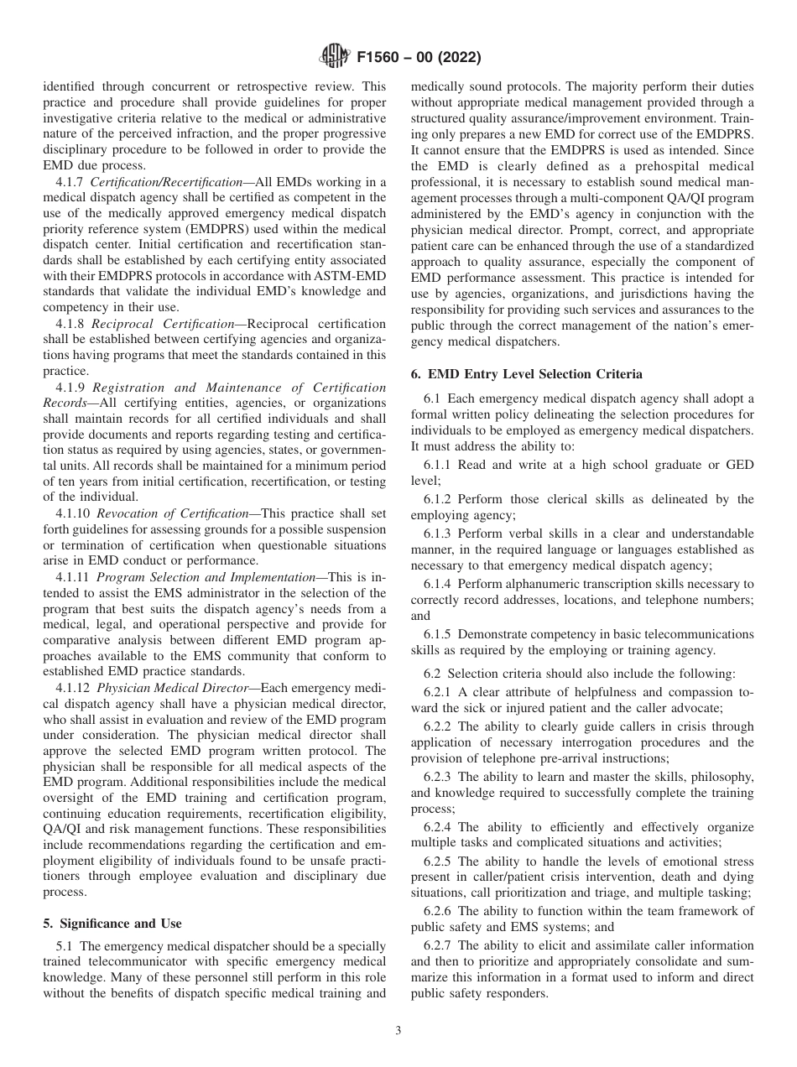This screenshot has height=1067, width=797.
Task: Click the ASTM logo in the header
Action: point(335,58)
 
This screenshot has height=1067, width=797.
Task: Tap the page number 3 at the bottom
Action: point(398,1031)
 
